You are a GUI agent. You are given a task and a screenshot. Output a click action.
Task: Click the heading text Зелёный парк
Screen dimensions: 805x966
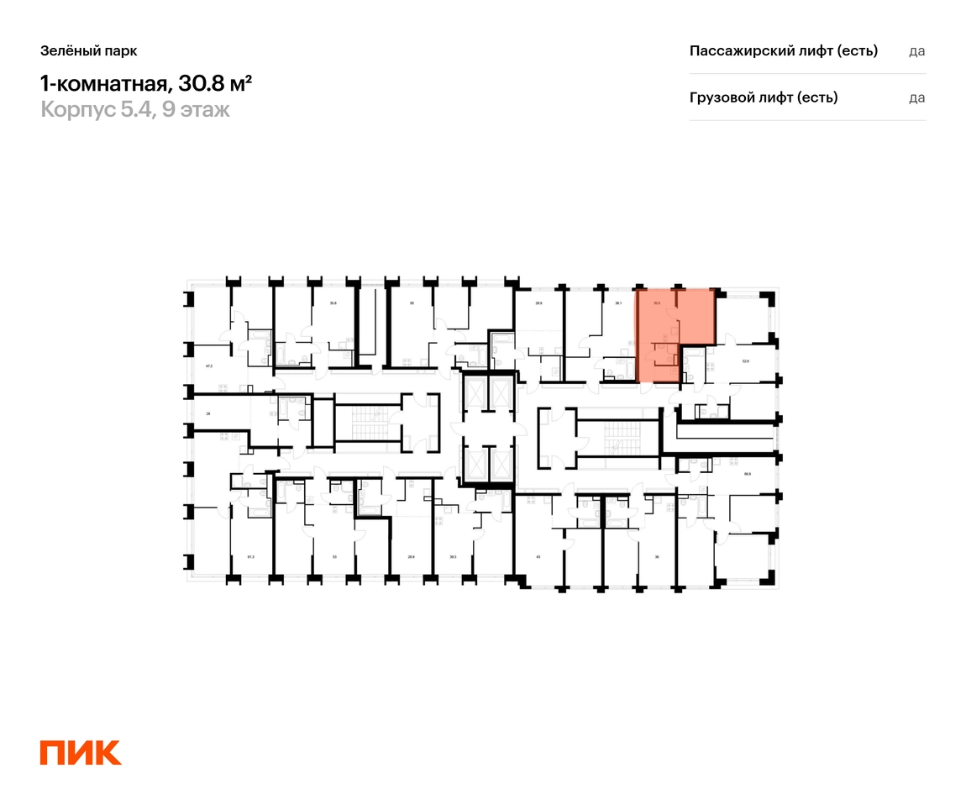point(88,50)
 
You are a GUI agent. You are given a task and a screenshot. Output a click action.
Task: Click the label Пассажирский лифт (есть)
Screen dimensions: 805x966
point(783,50)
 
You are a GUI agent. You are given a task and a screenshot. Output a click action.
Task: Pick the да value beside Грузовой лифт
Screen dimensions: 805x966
point(916,97)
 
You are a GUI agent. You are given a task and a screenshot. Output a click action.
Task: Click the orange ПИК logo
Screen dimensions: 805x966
point(81,753)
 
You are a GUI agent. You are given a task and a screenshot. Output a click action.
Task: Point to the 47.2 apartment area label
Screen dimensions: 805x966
point(210,366)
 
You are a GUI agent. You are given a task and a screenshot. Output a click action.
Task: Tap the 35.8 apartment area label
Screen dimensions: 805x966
point(333,303)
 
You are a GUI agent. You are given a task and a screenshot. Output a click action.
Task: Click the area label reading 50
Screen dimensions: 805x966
point(412,303)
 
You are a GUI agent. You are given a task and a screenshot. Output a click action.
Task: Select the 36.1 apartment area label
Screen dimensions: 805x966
point(618,303)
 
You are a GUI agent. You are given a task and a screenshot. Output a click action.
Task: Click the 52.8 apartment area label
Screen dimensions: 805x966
point(745,361)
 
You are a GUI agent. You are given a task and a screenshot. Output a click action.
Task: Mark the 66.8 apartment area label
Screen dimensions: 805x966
point(747,474)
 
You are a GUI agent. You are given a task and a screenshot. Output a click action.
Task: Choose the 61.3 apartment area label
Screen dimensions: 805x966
point(249,556)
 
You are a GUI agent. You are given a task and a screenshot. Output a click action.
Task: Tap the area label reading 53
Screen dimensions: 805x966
point(333,556)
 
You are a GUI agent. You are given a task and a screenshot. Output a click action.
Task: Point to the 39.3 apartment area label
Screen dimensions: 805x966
point(453,556)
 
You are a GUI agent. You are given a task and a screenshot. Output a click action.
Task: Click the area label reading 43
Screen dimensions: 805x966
point(538,556)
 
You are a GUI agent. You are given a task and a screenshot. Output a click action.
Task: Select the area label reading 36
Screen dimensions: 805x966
point(658,556)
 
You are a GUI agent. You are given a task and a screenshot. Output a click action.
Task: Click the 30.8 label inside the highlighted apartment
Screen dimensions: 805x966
point(658,303)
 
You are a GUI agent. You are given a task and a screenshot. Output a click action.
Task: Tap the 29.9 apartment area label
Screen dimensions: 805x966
point(411,556)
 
